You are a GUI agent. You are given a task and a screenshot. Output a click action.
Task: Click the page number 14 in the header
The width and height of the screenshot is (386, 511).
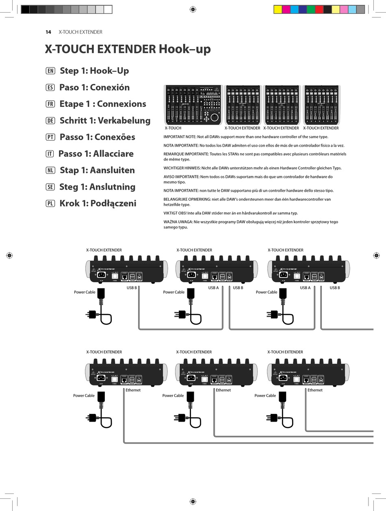[x=48, y=32]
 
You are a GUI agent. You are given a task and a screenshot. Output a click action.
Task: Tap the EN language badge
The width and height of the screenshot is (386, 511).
[x=50, y=71]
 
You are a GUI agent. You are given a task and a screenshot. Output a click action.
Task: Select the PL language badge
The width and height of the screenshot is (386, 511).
[x=50, y=204]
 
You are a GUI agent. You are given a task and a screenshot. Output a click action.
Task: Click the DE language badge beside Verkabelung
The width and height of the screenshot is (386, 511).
[x=50, y=121]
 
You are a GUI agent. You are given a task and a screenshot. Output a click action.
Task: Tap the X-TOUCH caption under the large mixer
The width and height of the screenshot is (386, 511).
[x=173, y=128]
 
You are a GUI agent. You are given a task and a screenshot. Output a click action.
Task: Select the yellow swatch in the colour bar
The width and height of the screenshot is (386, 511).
[x=278, y=10]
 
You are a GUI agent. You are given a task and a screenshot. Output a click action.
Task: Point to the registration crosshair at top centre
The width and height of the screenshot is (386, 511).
[x=193, y=9]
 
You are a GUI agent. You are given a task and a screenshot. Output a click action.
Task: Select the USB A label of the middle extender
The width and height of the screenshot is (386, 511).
[x=213, y=288]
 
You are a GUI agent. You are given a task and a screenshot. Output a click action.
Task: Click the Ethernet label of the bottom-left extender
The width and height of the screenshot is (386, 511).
[x=133, y=390]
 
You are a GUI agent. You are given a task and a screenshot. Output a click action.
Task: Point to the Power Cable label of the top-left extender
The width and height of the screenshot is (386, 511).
[x=85, y=292]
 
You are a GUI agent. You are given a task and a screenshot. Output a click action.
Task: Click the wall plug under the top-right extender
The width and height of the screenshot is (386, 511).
[x=272, y=314]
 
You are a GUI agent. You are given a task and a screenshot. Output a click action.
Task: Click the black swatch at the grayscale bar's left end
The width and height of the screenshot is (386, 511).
[x=25, y=10]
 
